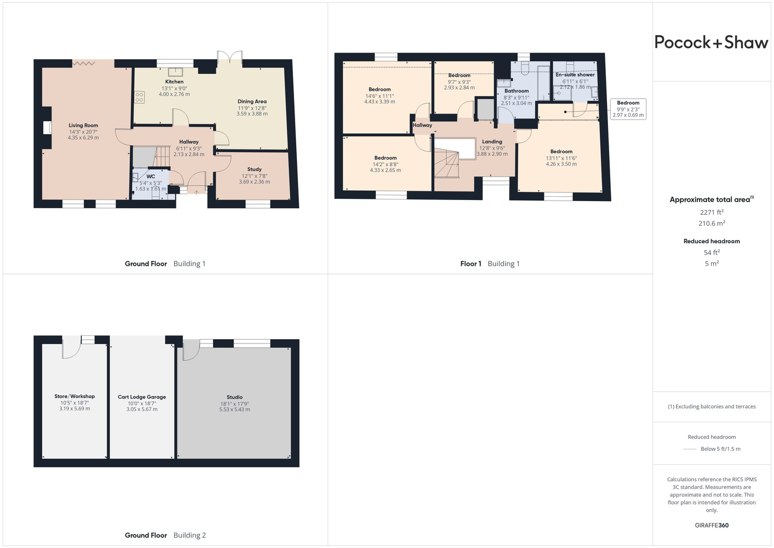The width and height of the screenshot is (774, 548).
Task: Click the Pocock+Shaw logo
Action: pos(711,42)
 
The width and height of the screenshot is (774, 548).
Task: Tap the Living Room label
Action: pos(83,125)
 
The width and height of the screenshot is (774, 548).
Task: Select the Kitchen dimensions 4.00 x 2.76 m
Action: pos(174,94)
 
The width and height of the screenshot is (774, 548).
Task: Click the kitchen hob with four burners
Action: pos(139,97)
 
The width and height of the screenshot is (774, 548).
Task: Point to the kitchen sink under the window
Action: pos(176,72)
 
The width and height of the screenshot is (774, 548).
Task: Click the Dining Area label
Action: pos(252,101)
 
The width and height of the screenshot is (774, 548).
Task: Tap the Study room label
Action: pos(254,169)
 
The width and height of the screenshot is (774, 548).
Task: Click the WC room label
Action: pos(151,176)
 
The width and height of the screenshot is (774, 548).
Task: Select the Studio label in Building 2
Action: pos(234,397)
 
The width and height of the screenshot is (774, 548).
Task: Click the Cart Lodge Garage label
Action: pos(142,397)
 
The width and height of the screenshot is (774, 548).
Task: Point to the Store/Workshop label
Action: pos(74,396)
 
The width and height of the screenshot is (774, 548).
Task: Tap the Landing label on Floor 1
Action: pos(492,141)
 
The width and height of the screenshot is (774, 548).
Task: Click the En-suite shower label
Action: pos(575,75)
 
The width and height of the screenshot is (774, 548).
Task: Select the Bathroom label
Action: pos(517,91)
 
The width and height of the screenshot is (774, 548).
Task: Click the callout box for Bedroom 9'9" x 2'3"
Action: pos(628,109)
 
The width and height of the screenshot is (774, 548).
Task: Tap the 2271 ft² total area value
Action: pos(712,212)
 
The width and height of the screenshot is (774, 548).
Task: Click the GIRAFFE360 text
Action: pos(712,525)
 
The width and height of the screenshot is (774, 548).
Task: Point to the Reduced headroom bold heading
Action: pos(712,241)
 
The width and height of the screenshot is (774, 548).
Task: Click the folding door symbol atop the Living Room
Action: pos(84,64)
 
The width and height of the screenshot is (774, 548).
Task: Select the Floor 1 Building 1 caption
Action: pos(490,264)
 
